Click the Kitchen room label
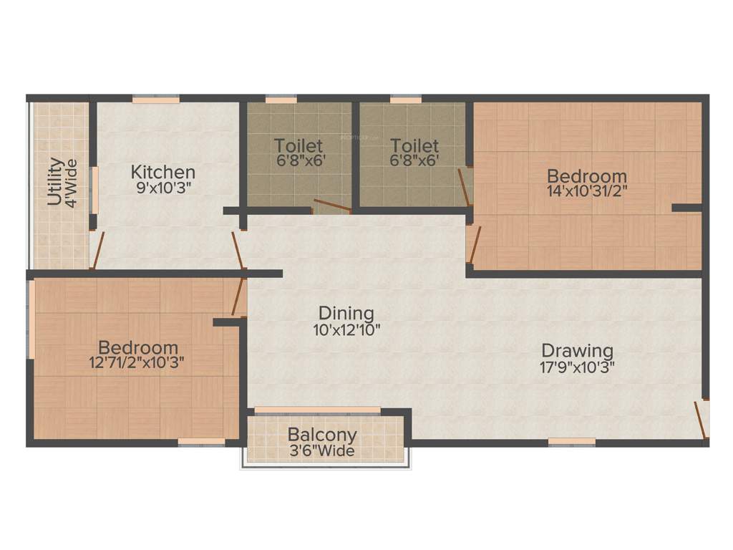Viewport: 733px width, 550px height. pyautogui.click(x=162, y=172)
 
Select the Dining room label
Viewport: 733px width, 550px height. pyautogui.click(x=346, y=313)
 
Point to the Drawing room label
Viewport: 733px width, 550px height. pyautogui.click(x=577, y=351)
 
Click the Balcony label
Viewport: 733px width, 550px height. pyautogui.click(x=322, y=435)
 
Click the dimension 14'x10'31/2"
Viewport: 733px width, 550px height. pyautogui.click(x=587, y=191)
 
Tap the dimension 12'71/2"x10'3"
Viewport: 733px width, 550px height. pyautogui.click(x=137, y=362)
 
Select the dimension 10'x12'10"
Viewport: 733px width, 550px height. pyautogui.click(x=346, y=329)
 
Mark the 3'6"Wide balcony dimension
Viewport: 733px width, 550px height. pyautogui.click(x=321, y=451)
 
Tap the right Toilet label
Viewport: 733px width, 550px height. pyautogui.click(x=414, y=146)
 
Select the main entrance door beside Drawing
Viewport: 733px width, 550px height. pyautogui.click(x=702, y=420)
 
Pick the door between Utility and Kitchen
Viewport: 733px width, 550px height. pyautogui.click(x=98, y=250)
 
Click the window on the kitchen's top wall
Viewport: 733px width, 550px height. pyautogui.click(x=155, y=100)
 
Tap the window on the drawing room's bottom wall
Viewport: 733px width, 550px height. pyautogui.click(x=572, y=442)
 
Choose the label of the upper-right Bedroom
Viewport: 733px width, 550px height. pyautogui.click(x=587, y=175)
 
